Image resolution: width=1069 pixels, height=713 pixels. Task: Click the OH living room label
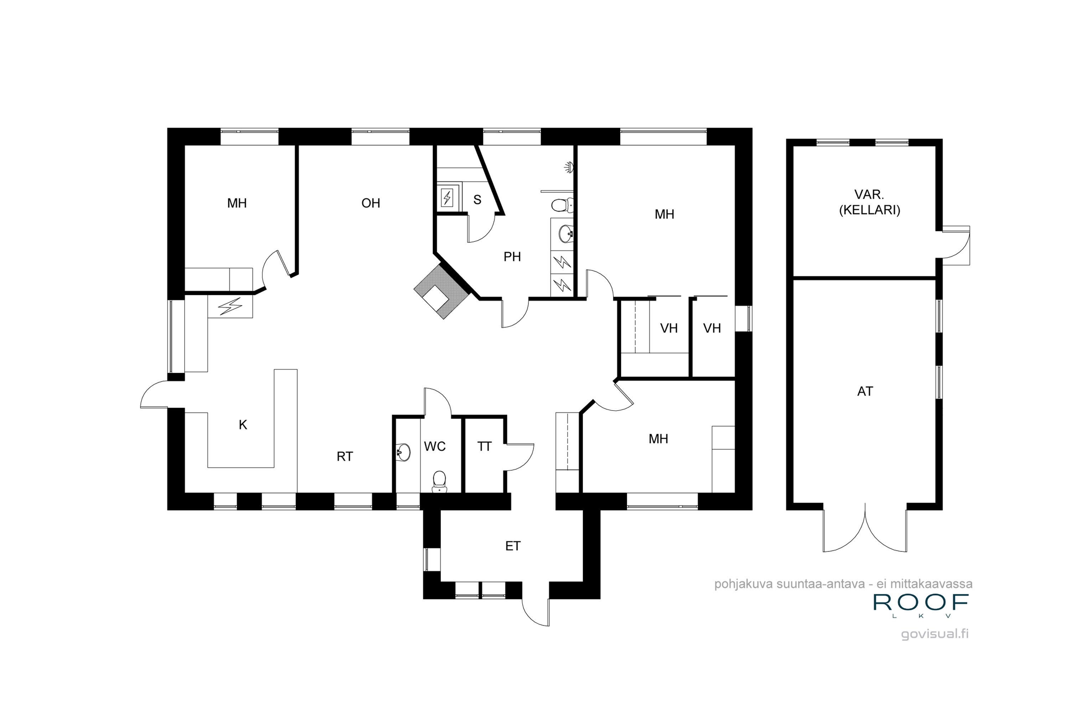click(371, 203)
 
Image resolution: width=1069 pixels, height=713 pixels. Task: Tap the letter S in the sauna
click(477, 200)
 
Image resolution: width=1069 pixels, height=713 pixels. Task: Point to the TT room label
click(485, 447)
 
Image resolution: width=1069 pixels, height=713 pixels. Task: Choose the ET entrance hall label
click(513, 546)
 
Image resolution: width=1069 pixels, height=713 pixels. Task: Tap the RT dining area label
click(345, 457)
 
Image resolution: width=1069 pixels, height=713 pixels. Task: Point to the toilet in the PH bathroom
click(563, 206)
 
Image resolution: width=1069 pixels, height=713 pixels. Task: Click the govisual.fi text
click(935, 634)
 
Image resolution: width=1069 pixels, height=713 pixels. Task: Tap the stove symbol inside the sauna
click(447, 198)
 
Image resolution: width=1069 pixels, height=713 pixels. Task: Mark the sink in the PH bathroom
click(566, 234)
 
